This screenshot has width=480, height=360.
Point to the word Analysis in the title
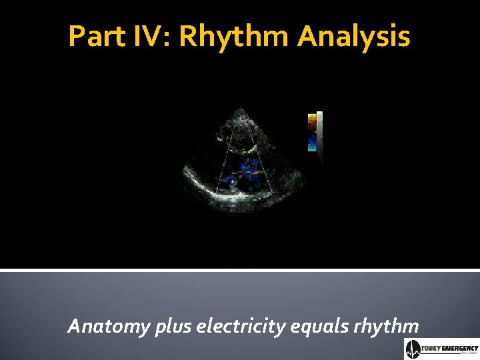coord(354,37)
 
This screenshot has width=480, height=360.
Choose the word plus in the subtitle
coord(173,327)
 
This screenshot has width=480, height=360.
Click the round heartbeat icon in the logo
coord(412,349)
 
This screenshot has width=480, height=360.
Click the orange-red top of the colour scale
coord(312,121)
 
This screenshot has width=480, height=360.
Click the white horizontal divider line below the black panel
coord(240,269)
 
